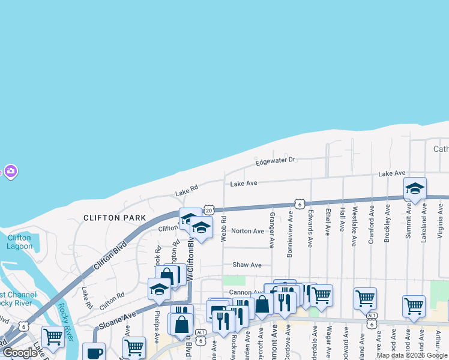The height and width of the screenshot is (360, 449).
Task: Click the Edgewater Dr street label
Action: pyautogui.click(x=276, y=160)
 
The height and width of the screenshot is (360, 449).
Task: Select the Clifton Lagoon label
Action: pyautogui.click(x=19, y=242)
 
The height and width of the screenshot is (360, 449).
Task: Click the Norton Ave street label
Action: pyautogui.click(x=247, y=231)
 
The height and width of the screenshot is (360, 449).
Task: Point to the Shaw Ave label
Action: pyautogui.click(x=247, y=265)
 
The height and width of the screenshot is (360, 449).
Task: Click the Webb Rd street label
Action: pyautogui.click(x=223, y=229)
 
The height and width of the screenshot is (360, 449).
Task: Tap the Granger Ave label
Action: pyautogui.click(x=272, y=230)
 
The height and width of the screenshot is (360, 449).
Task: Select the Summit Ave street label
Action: pyautogui.click(x=408, y=221)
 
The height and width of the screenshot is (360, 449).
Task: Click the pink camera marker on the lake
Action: pyautogui.click(x=10, y=172)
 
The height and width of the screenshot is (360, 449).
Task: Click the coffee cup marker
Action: pyautogui.click(x=94, y=352)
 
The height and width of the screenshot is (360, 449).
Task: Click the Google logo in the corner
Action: pyautogui.click(x=20, y=352)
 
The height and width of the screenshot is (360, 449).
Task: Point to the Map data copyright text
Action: pyautogui.click(x=412, y=355)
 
